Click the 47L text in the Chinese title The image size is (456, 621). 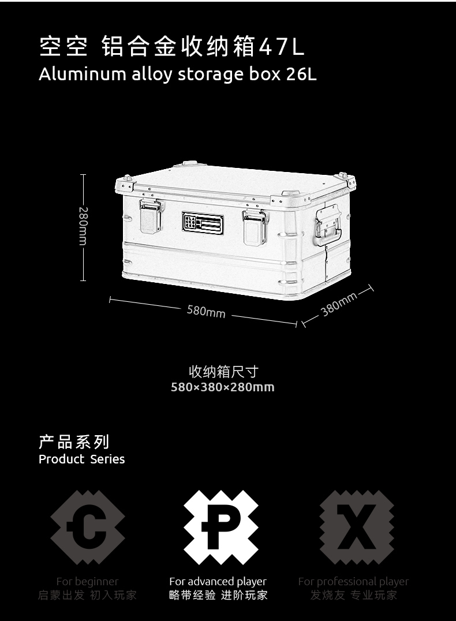tap(281, 47)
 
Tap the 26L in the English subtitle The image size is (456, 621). tap(301, 74)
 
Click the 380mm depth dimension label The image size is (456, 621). tap(339, 304)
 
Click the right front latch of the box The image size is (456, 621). tap(255, 227)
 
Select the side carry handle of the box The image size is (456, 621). tap(327, 227)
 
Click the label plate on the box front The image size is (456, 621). tap(203, 224)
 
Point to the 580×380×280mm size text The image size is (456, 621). tap(223, 387)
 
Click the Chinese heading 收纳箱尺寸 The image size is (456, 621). tap(223, 372)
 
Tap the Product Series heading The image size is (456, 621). tap(81, 459)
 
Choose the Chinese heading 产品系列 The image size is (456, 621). tap(73, 443)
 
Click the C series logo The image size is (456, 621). tap(87, 527)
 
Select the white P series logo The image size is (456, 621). tap(221, 527)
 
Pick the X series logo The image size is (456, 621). tap(356, 527)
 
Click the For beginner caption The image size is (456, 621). tap(87, 582)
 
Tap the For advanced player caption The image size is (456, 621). tap(218, 582)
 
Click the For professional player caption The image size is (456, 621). tap(353, 582)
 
